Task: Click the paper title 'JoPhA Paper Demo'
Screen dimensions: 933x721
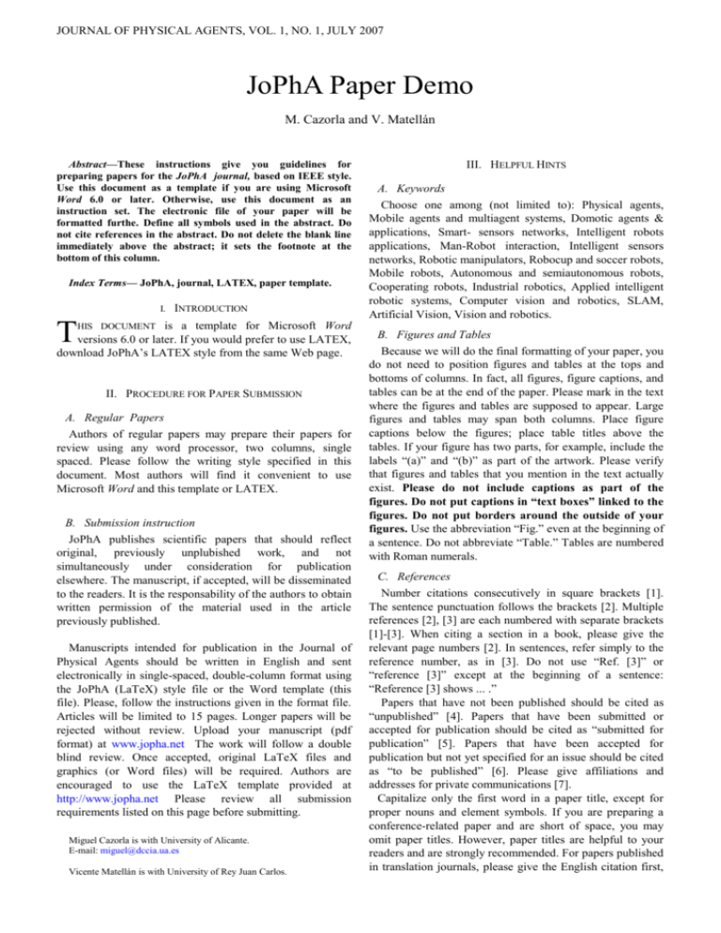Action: pyautogui.click(x=360, y=88)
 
